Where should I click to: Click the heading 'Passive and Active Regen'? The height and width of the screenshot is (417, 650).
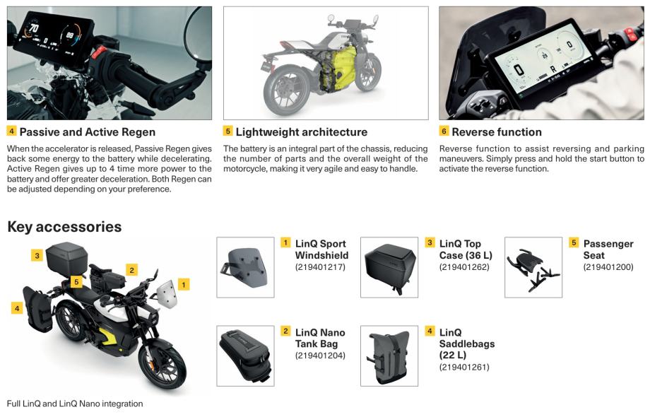[x=87, y=132]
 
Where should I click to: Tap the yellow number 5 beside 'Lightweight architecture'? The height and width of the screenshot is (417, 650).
[x=228, y=131]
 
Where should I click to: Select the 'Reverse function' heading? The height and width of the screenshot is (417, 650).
[x=497, y=132]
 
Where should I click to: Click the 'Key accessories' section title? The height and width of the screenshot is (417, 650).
[x=64, y=227]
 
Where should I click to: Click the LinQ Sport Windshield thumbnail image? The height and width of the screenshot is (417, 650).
[x=245, y=267]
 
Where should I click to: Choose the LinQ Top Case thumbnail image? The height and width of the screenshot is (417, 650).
[x=389, y=267]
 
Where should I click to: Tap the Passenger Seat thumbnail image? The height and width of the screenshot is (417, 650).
[x=533, y=267]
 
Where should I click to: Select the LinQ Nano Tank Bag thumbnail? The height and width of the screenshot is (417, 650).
[x=245, y=356]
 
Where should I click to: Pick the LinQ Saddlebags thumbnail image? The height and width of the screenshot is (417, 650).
[x=389, y=356]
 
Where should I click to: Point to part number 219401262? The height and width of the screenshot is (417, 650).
[x=464, y=267]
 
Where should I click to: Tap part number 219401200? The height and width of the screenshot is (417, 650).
[x=608, y=267]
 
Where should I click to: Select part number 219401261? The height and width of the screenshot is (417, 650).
[x=464, y=367]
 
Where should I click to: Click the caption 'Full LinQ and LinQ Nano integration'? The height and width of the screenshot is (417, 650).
[x=75, y=404]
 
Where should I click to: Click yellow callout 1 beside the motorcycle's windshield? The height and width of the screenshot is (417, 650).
[x=183, y=284]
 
